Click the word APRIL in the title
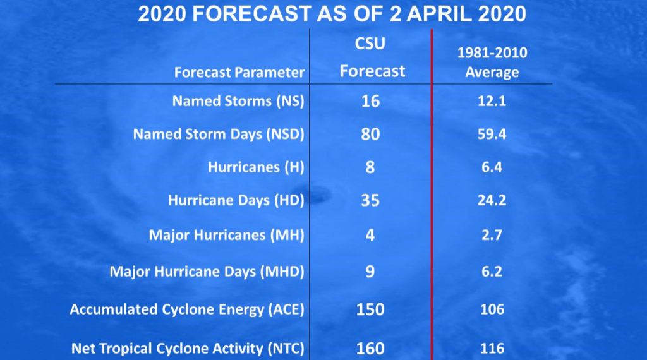pos(438,14)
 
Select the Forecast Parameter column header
pos(239,73)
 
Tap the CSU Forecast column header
pos(372,57)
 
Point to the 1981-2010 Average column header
pos(492,63)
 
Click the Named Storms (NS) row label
pos(238,102)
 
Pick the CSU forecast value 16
pos(370,102)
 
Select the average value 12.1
pos(492,102)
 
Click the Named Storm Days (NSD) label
pos(219,135)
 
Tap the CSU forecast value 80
pos(370,135)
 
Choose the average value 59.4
pos(492,135)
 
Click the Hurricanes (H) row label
pos(256,167)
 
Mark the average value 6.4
pos(492,167)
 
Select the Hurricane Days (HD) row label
pos(236,200)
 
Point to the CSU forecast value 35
pos(370,200)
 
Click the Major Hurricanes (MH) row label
pos(227,235)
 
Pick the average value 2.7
pos(492,235)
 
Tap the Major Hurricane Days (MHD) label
pos(207,272)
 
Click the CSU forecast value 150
pos(370,309)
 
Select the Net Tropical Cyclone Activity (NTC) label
pos(188,349)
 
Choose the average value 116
pos(492,349)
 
